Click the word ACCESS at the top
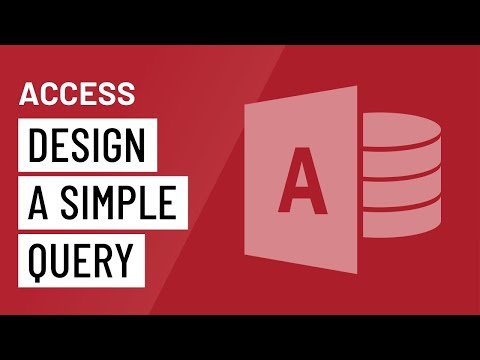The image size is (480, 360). (x=77, y=94)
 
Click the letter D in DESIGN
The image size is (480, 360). (x=38, y=148)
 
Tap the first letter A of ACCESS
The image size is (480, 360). (x=31, y=94)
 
